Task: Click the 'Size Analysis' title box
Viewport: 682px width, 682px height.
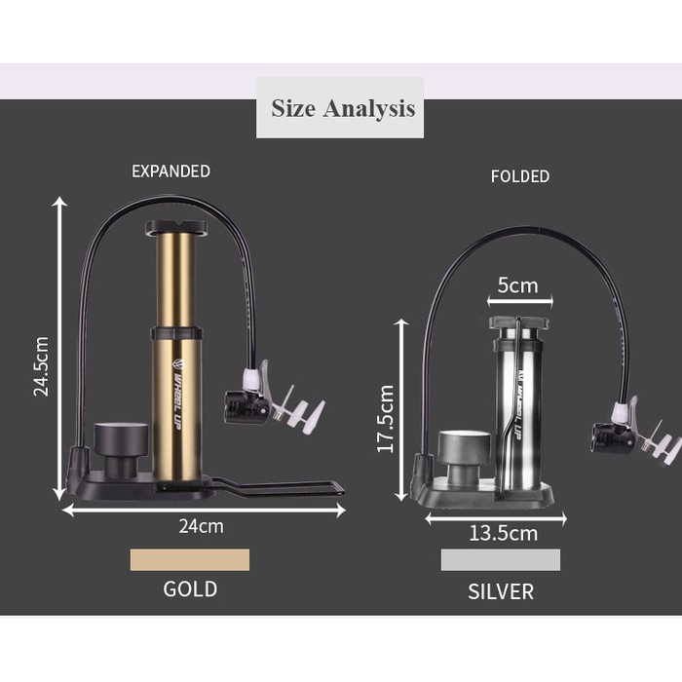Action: click(x=340, y=108)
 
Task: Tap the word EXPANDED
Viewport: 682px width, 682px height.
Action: click(x=170, y=171)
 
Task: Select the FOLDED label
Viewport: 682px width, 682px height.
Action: click(x=520, y=176)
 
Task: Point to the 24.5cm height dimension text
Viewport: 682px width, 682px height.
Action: click(x=41, y=366)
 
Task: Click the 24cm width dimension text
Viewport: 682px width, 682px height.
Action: click(x=202, y=526)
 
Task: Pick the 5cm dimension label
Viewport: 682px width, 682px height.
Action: click(x=517, y=285)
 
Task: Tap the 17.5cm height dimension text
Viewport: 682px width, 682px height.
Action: click(x=386, y=418)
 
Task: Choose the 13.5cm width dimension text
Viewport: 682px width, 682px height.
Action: click(x=504, y=533)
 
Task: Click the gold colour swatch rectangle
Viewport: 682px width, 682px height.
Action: click(x=190, y=559)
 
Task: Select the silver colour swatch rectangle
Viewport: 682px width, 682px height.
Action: click(x=501, y=559)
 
